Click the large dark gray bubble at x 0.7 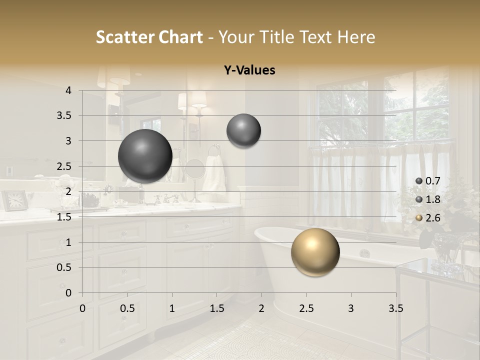(145, 156)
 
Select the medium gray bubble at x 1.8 (243, 131)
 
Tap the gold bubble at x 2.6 (315, 252)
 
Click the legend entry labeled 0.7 (428, 181)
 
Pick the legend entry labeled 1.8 (428, 199)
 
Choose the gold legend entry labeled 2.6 (428, 217)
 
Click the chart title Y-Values (249, 70)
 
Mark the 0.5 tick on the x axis (127, 308)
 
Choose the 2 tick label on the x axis (261, 308)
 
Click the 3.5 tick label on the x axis (395, 308)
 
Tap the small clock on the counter (15, 200)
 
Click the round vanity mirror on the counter (194, 169)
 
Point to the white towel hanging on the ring (215, 172)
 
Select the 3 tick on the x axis (351, 308)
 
